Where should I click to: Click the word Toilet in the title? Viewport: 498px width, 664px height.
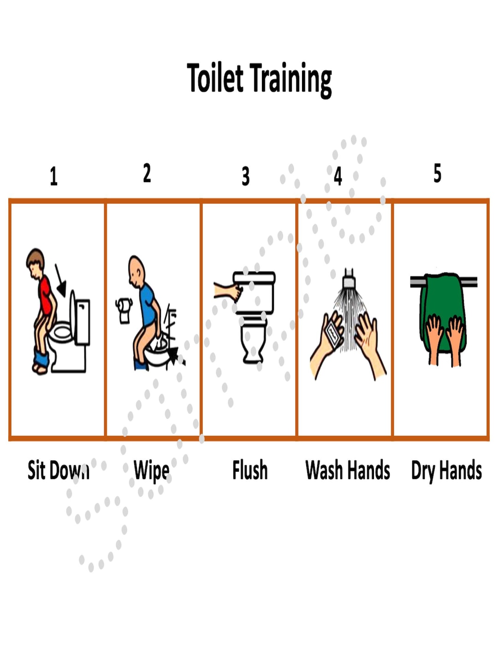tap(215, 78)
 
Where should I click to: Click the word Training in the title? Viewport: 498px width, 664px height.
tap(291, 79)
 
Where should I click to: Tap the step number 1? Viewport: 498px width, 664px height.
tap(53, 176)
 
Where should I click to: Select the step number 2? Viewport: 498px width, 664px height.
tap(147, 173)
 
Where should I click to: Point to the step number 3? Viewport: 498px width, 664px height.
tap(246, 176)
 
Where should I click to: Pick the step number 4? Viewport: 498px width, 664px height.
tap(338, 176)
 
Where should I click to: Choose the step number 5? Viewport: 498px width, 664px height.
tap(437, 173)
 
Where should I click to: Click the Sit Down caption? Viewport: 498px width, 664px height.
tap(58, 470)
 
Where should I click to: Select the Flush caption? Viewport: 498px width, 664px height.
tap(249, 470)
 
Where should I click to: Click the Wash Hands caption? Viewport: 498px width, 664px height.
tap(348, 470)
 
